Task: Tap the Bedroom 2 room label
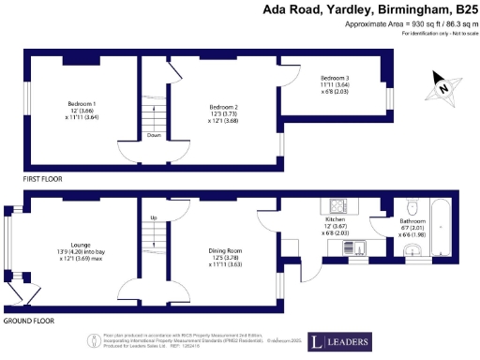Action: [223, 108]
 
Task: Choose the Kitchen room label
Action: [335, 218]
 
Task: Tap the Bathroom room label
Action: [386, 220]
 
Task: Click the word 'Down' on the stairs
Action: [154, 135]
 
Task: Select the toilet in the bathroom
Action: [412, 206]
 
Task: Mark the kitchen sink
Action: [359, 247]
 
